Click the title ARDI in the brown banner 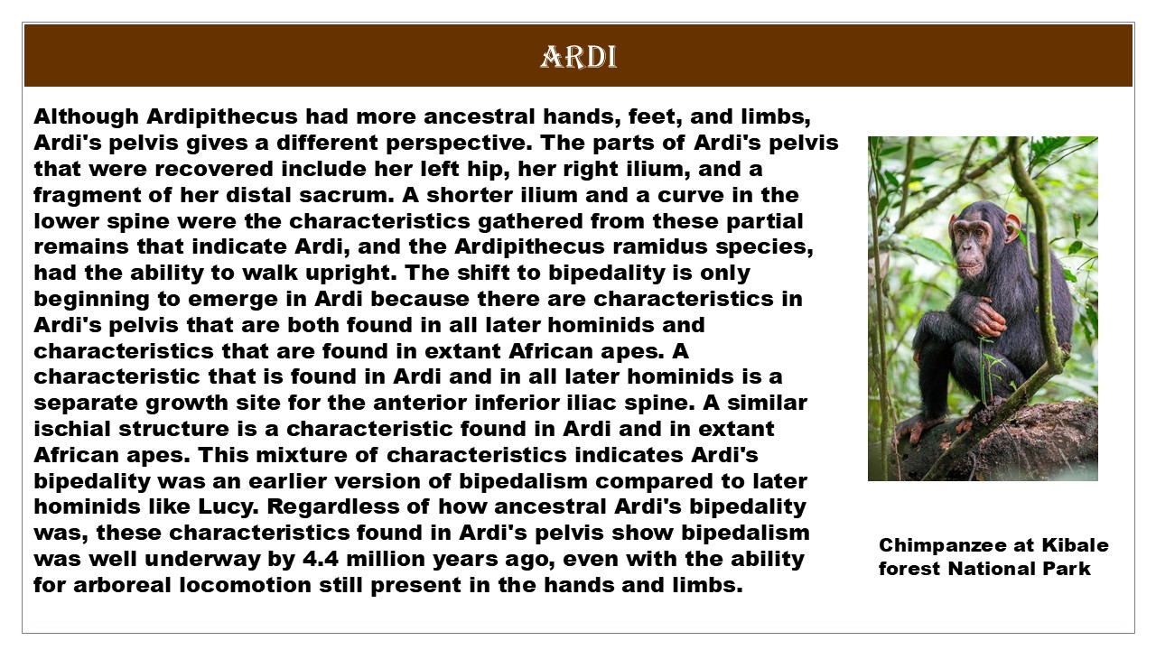[x=579, y=57]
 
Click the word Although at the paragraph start [x=86, y=117]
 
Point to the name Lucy [x=228, y=507]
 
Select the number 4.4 [x=321, y=559]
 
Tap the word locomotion [x=245, y=585]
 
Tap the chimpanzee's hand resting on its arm [x=987, y=316]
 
